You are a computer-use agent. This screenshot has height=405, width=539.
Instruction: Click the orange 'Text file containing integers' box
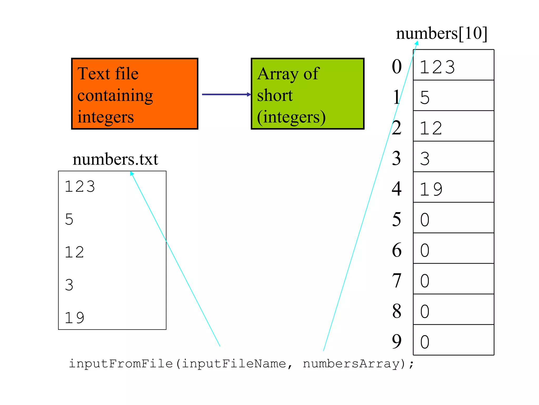tap(134, 94)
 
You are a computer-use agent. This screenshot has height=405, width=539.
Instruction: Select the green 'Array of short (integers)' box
tap(307, 94)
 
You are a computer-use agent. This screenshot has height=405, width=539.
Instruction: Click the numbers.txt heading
tap(115, 159)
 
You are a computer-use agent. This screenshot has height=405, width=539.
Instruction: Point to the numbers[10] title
tap(442, 33)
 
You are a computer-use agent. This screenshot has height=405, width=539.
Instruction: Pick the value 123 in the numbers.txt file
tap(80, 186)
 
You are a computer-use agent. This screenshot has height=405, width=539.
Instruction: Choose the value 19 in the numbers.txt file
tap(74, 317)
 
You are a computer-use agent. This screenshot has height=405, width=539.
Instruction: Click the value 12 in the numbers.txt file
tap(74, 252)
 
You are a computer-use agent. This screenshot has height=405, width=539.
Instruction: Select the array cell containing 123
tap(453, 65)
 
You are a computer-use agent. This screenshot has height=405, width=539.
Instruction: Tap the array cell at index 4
tap(453, 187)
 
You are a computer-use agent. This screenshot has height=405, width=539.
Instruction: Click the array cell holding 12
tap(453, 126)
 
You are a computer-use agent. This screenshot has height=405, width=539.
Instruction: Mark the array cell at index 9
tap(453, 340)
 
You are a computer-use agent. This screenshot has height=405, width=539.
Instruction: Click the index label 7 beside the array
tap(397, 281)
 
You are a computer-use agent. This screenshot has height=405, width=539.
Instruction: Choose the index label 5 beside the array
tap(397, 219)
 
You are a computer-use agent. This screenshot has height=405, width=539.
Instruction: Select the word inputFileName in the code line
tap(234, 364)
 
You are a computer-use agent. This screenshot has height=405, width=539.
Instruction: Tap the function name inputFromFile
tap(121, 364)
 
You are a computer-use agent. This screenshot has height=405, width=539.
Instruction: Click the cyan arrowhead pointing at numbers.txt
tap(132, 173)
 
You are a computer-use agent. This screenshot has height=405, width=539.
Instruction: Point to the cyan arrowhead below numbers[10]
tap(417, 43)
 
